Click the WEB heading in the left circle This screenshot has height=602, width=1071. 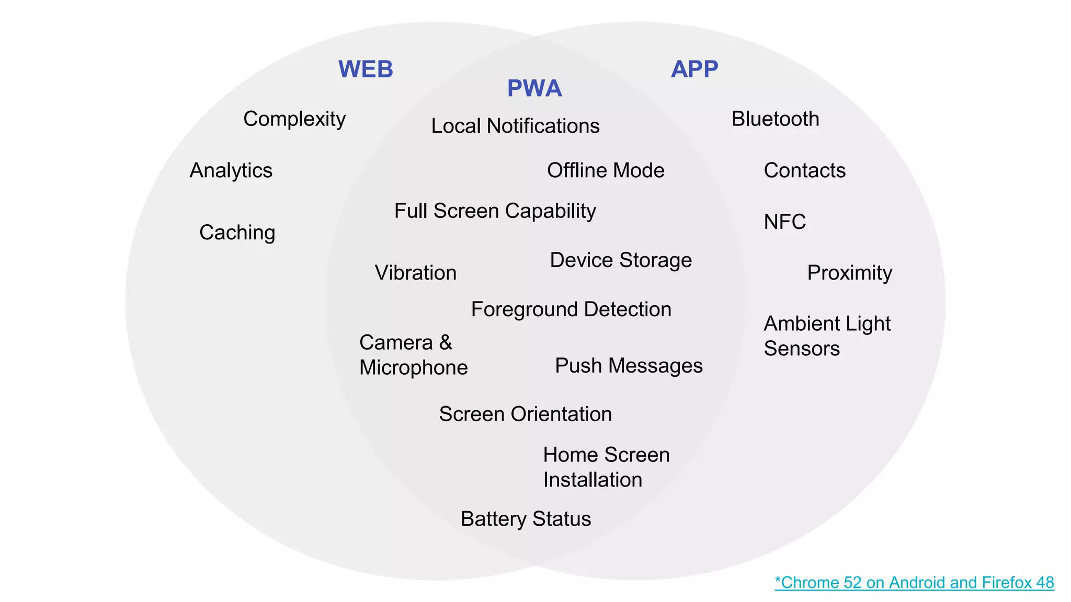point(366,70)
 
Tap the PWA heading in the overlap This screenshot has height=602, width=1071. point(534,88)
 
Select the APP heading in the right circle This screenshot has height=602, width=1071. point(694,69)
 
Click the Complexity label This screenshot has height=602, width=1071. point(294,119)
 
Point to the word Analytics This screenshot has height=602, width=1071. point(231,170)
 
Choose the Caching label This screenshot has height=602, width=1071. point(237,233)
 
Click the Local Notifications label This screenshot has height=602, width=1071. point(515,126)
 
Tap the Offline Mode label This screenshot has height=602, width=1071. point(606,170)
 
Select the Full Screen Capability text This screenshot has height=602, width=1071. point(495,211)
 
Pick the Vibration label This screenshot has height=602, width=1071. point(416,273)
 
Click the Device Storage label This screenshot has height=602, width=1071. point(621,260)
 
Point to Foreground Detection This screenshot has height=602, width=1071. point(571,309)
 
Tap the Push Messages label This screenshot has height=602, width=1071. point(629,366)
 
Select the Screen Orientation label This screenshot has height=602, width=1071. point(525,414)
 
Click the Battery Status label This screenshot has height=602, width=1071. point(526,519)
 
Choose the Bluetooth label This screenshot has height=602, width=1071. point(775,119)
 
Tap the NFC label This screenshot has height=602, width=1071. point(784,222)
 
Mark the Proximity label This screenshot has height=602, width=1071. point(849,273)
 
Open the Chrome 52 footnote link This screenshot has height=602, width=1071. point(914,582)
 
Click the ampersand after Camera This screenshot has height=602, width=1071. point(446,343)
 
